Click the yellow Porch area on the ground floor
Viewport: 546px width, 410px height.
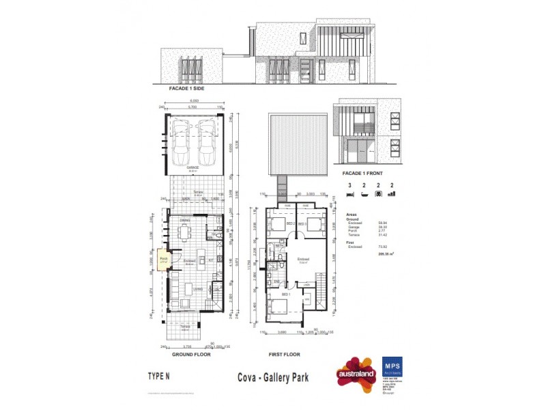164,260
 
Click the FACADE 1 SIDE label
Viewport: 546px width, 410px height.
186,89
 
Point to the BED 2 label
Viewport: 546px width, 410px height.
289,223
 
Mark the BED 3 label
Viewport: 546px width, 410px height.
304,223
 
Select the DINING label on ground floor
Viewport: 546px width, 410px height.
185,221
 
